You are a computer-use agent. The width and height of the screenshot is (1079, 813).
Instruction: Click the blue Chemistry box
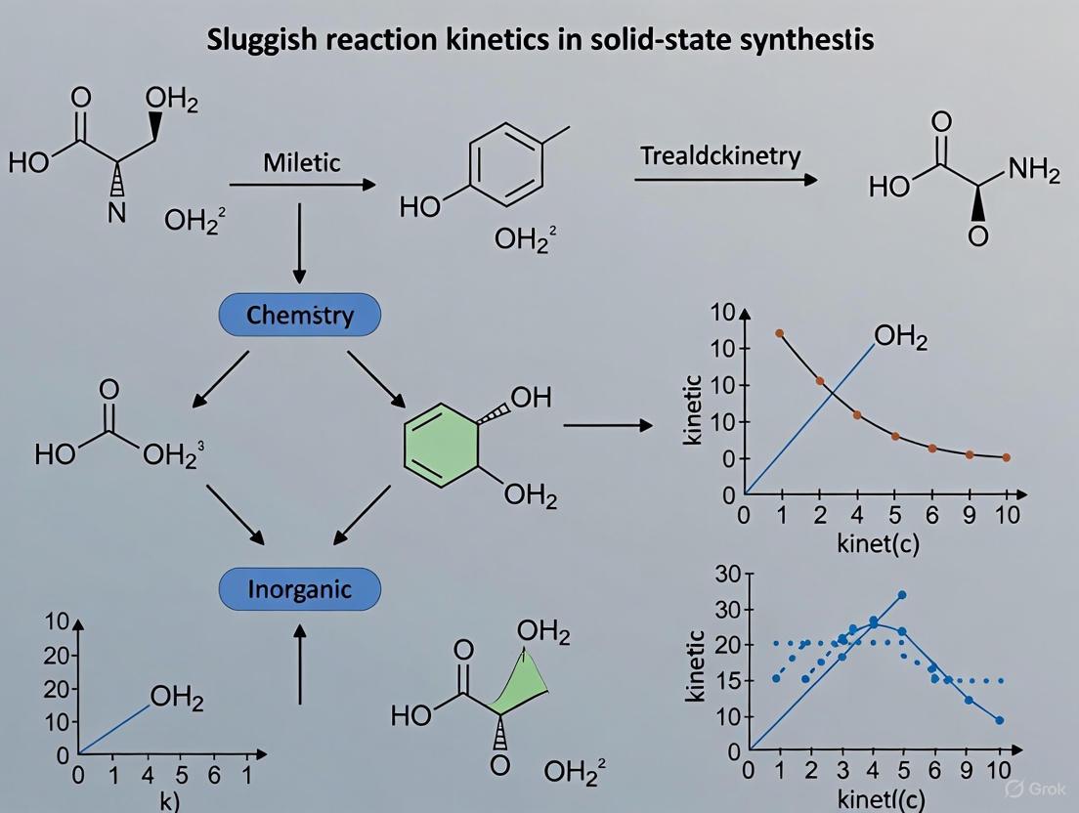click(300, 316)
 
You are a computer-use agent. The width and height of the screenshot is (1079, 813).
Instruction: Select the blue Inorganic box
click(300, 589)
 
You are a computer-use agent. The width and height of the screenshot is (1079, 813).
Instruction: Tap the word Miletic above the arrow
click(301, 162)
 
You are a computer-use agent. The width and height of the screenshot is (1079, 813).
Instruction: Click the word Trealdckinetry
click(720, 156)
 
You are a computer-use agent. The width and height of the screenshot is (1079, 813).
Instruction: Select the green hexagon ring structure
click(444, 445)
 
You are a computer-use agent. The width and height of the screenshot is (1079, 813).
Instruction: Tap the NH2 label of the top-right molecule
click(1033, 172)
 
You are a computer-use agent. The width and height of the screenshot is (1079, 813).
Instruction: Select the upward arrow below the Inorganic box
click(300, 664)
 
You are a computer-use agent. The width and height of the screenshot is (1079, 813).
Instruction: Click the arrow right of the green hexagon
click(608, 425)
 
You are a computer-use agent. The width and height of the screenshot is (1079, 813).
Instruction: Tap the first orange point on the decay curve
click(779, 333)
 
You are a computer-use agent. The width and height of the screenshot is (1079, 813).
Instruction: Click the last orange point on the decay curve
click(1006, 457)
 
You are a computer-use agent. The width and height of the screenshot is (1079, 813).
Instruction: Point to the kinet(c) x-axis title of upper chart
click(878, 543)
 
